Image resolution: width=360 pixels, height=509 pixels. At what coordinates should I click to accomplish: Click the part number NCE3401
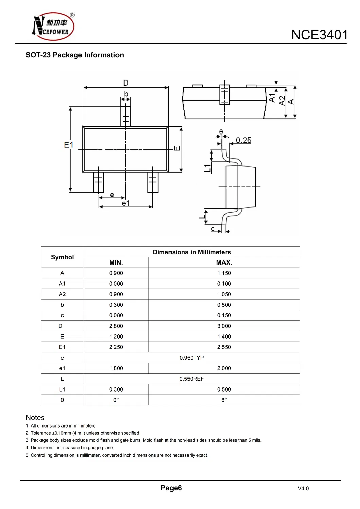tap(319, 35)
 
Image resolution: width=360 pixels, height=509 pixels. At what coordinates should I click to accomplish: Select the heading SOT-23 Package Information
tap(75, 55)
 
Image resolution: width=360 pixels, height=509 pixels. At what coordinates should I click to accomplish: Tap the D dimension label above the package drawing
tap(126, 83)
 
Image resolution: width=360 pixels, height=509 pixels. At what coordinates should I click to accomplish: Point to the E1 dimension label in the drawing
tap(68, 145)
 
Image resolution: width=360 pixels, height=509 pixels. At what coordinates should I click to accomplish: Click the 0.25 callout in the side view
tap(244, 140)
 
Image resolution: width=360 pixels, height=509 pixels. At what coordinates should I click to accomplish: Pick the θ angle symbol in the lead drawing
tap(221, 131)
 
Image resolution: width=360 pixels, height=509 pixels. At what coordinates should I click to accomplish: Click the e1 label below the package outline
tap(125, 203)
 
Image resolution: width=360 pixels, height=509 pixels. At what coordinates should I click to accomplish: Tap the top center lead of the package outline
tap(126, 116)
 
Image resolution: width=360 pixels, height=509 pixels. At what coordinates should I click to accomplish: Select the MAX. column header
tap(224, 262)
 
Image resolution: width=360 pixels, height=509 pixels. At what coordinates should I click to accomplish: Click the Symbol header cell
tap(62, 257)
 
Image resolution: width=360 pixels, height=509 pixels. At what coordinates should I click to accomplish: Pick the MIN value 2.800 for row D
tap(116, 326)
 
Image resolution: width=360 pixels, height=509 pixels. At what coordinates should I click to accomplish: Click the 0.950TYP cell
tap(192, 358)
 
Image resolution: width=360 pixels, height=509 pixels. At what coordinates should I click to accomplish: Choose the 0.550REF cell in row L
tap(192, 379)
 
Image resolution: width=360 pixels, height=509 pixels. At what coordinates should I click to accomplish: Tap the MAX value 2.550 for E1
tap(224, 347)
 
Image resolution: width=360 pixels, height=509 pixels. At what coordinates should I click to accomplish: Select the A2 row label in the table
tap(62, 294)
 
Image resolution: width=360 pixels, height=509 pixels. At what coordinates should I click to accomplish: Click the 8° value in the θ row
tap(224, 400)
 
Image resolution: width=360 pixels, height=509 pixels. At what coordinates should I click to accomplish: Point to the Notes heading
tap(35, 417)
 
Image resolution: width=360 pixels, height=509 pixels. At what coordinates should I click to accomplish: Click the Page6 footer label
tap(171, 488)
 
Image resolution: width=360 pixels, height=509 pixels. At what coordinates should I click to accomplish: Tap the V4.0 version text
tap(303, 488)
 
